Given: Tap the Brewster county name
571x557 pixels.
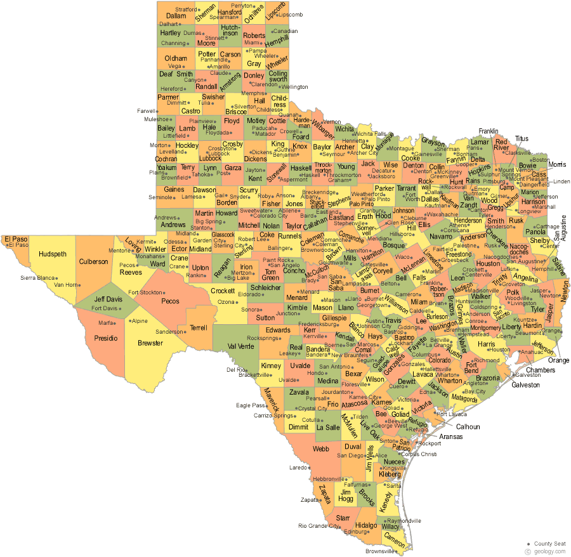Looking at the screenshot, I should point(150,343).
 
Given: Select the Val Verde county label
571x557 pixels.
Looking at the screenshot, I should point(240,346).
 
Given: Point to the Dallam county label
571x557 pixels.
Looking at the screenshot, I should point(176,15).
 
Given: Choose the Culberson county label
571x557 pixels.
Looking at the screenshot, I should point(94,261).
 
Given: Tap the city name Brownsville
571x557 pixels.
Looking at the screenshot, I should point(380,551).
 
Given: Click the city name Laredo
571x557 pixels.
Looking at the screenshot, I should point(298,468).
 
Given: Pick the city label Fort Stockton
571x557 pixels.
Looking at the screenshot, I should point(146,292).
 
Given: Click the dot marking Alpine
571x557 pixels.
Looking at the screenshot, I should point(129,321).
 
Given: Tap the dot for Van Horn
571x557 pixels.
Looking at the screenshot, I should point(82,285).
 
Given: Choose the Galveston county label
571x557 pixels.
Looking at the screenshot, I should point(525,384).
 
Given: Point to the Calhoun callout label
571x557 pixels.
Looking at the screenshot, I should point(468,427).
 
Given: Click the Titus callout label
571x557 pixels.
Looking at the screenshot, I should point(522,138).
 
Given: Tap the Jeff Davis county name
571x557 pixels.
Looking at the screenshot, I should point(108,299).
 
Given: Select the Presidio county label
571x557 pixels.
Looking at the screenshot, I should point(106,338).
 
